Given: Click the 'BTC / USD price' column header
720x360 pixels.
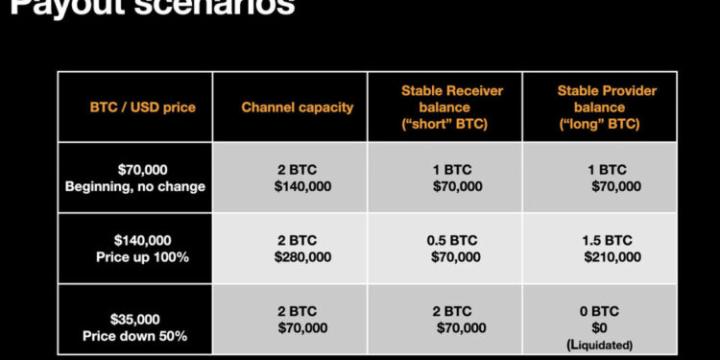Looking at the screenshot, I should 142,107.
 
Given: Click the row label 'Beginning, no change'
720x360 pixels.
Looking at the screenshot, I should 135,186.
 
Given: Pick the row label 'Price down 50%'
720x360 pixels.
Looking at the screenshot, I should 135,336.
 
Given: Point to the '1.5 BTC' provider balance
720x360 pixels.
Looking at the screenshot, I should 606,240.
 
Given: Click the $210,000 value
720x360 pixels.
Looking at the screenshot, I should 612,257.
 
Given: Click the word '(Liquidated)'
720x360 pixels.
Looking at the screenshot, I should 600,344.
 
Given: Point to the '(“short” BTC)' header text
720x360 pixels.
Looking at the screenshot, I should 444,124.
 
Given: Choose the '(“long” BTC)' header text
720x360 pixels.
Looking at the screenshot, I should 600,124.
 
